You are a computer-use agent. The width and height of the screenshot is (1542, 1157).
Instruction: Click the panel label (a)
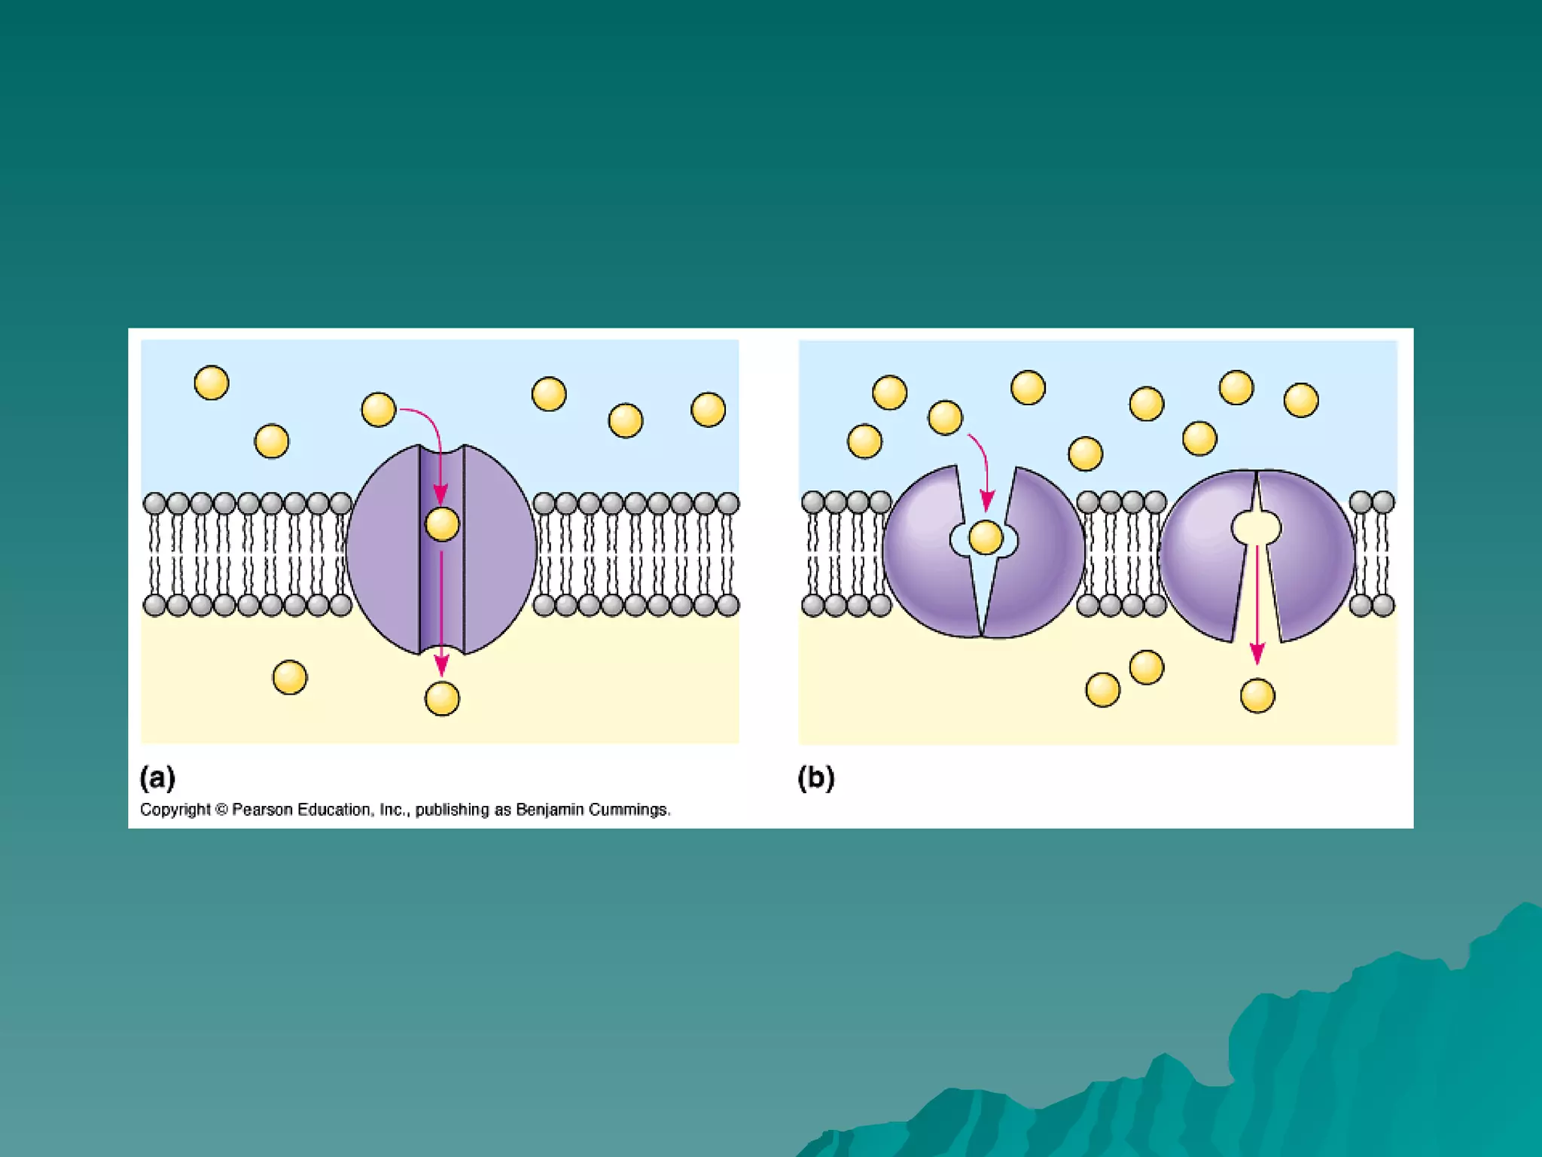point(157,777)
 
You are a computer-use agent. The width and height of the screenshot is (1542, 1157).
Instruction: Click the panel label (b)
point(815,777)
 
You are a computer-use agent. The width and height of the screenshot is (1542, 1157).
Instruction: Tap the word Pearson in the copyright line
point(262,810)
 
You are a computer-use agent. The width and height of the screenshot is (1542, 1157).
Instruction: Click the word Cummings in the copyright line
point(629,810)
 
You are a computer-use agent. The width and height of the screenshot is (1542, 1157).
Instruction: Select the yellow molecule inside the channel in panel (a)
point(442,524)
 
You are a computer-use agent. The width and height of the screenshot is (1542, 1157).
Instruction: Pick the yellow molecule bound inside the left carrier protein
point(986,538)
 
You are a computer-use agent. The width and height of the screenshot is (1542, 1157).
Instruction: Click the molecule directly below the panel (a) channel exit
point(442,699)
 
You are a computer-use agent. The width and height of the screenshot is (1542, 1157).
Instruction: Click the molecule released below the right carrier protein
point(1257,695)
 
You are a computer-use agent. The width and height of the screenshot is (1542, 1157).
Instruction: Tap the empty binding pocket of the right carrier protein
point(1256,527)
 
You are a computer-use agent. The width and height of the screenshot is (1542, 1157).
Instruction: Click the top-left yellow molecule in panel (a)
point(212,383)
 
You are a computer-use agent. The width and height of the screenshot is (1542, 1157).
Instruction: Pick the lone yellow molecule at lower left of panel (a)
point(290,677)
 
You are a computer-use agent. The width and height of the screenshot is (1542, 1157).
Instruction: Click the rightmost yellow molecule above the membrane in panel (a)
point(708,410)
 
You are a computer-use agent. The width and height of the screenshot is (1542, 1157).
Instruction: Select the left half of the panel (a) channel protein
point(384,550)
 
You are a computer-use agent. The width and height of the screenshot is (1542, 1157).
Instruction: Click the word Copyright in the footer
point(175,810)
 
